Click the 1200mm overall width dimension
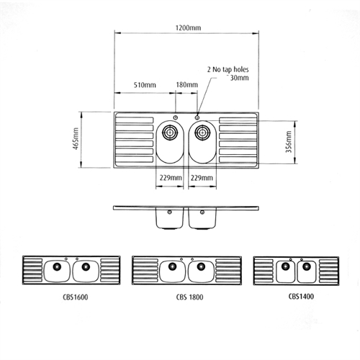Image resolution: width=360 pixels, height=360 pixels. [187, 27]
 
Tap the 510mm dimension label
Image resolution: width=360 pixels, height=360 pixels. [145, 85]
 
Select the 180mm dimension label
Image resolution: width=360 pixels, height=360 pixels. [186, 85]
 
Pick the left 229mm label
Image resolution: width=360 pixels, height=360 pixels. [170, 176]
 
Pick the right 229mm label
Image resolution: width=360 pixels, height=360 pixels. [203, 176]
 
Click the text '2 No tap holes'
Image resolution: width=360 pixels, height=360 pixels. [230, 70]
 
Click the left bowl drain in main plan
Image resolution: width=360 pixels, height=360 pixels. [171, 132]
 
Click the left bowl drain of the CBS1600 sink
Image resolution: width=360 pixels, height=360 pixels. [57, 268]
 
